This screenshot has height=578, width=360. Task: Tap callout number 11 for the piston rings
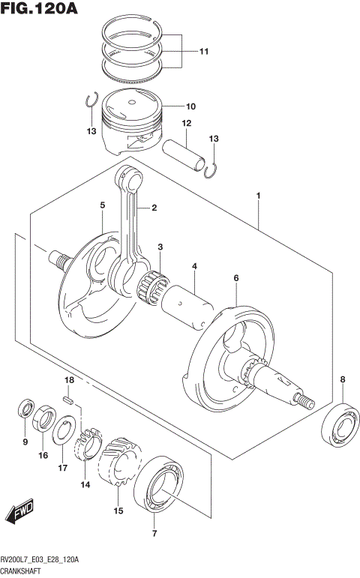click(203, 52)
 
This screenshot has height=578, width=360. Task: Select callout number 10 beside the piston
click(190, 106)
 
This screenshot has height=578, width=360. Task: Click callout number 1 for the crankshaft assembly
click(258, 196)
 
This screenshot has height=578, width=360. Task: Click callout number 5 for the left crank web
click(102, 205)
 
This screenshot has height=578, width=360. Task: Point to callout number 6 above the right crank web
click(235, 278)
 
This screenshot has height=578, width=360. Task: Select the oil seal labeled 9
click(25, 411)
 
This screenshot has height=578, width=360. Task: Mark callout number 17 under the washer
click(63, 468)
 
